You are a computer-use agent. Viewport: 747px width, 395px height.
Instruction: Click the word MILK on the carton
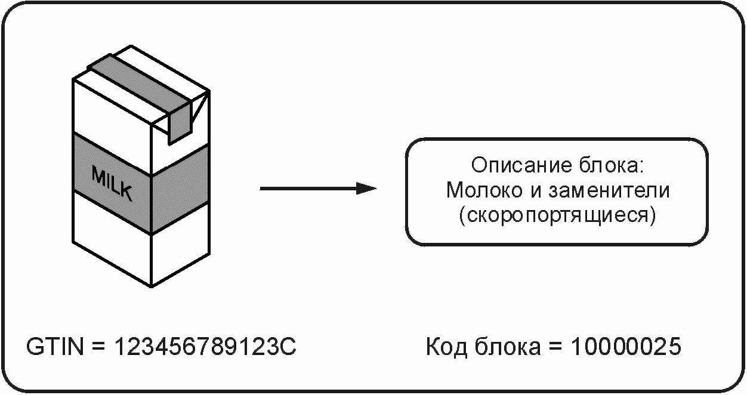click(112, 182)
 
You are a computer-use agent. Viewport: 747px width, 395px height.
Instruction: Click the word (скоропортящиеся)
click(558, 215)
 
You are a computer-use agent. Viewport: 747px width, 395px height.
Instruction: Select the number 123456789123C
click(206, 347)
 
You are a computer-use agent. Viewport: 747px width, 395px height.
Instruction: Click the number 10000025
click(625, 347)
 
